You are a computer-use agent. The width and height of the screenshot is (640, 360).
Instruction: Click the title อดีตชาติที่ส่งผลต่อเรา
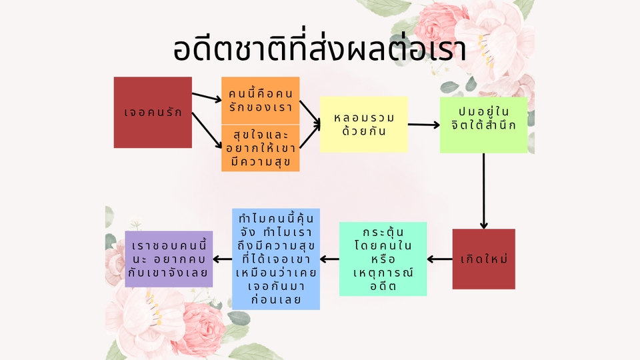(x=319, y=51)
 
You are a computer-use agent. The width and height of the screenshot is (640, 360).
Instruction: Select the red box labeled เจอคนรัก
(x=153, y=113)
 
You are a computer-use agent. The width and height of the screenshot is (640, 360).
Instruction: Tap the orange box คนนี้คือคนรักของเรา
(x=260, y=99)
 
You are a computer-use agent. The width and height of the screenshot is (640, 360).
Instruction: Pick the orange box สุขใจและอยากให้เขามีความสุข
(x=260, y=147)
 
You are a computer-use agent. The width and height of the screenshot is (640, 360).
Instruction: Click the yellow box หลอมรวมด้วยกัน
(x=363, y=125)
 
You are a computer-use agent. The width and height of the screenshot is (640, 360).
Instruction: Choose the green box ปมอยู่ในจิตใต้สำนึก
(x=483, y=125)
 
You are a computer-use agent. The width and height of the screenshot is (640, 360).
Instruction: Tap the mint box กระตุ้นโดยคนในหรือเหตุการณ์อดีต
(x=383, y=259)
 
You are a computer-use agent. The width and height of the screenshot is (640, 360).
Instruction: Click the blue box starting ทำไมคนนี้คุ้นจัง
(x=276, y=259)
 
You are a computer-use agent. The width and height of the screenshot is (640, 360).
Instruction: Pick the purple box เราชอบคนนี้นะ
(x=169, y=259)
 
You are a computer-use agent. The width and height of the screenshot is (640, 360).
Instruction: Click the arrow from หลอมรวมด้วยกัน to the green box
(x=423, y=125)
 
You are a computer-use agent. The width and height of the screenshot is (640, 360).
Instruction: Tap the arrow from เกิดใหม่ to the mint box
(x=440, y=259)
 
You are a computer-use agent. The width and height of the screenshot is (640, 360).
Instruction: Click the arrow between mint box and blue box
(x=329, y=259)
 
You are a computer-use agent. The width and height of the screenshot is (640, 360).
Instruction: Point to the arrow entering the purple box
(x=222, y=259)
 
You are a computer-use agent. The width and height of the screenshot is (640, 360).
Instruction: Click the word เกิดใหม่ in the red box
(x=484, y=259)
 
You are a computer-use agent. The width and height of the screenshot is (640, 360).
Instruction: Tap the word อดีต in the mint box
(x=383, y=287)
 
